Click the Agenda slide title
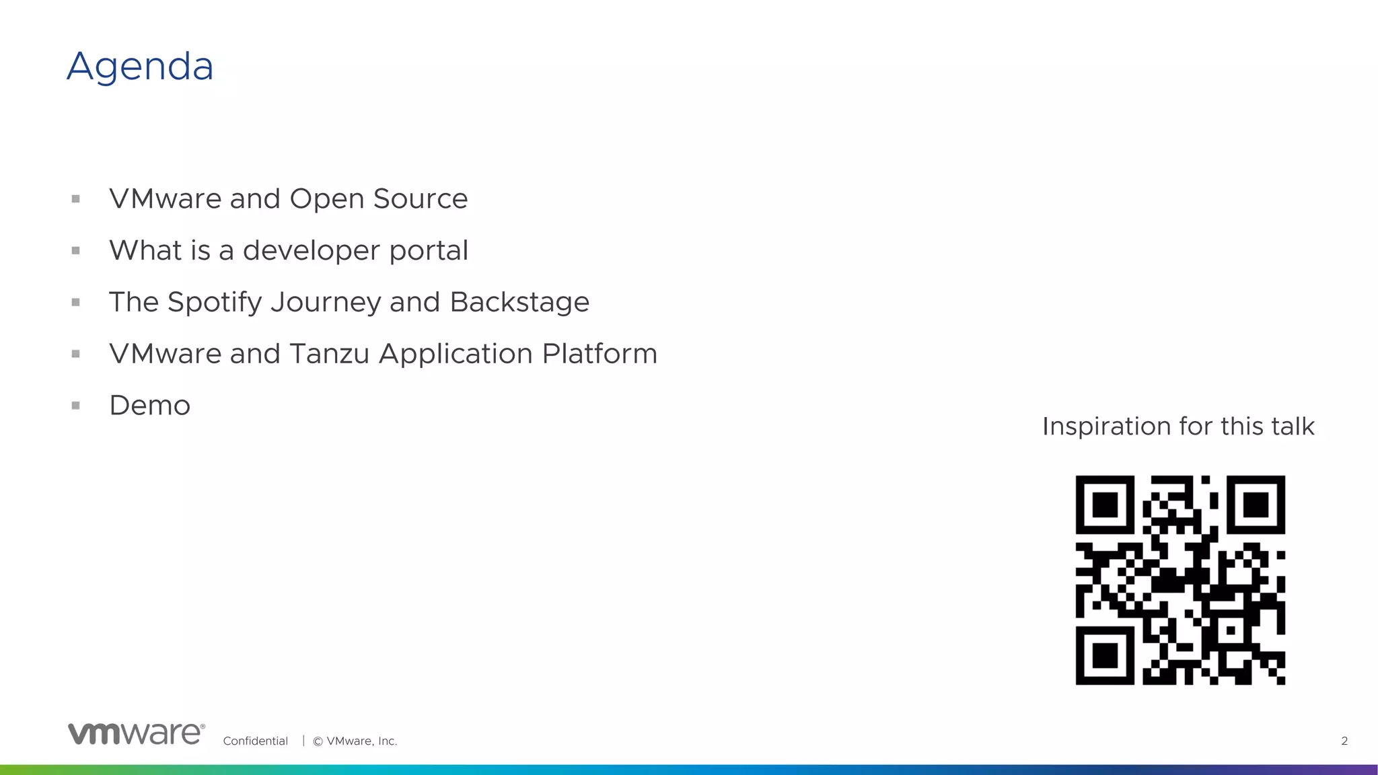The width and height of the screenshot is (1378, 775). click(x=140, y=67)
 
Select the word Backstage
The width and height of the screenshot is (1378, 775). click(x=519, y=303)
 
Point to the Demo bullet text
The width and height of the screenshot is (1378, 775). click(x=150, y=406)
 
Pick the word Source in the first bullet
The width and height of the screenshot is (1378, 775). click(x=420, y=199)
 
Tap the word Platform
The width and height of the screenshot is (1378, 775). click(x=600, y=354)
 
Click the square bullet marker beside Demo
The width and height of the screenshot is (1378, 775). click(x=76, y=406)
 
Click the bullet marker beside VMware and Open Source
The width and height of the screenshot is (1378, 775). click(x=76, y=199)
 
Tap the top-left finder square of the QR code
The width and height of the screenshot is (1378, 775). click(x=1105, y=505)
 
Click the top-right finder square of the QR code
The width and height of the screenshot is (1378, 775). click(x=1256, y=505)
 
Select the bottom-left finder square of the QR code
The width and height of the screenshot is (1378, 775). click(x=1105, y=655)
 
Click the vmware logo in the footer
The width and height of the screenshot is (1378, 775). click(x=137, y=734)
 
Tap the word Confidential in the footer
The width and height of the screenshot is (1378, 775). click(x=255, y=741)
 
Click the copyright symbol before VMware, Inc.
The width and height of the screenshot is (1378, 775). click(x=318, y=741)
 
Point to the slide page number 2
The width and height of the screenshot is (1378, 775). click(x=1344, y=741)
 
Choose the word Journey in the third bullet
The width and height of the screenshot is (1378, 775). click(x=325, y=303)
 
